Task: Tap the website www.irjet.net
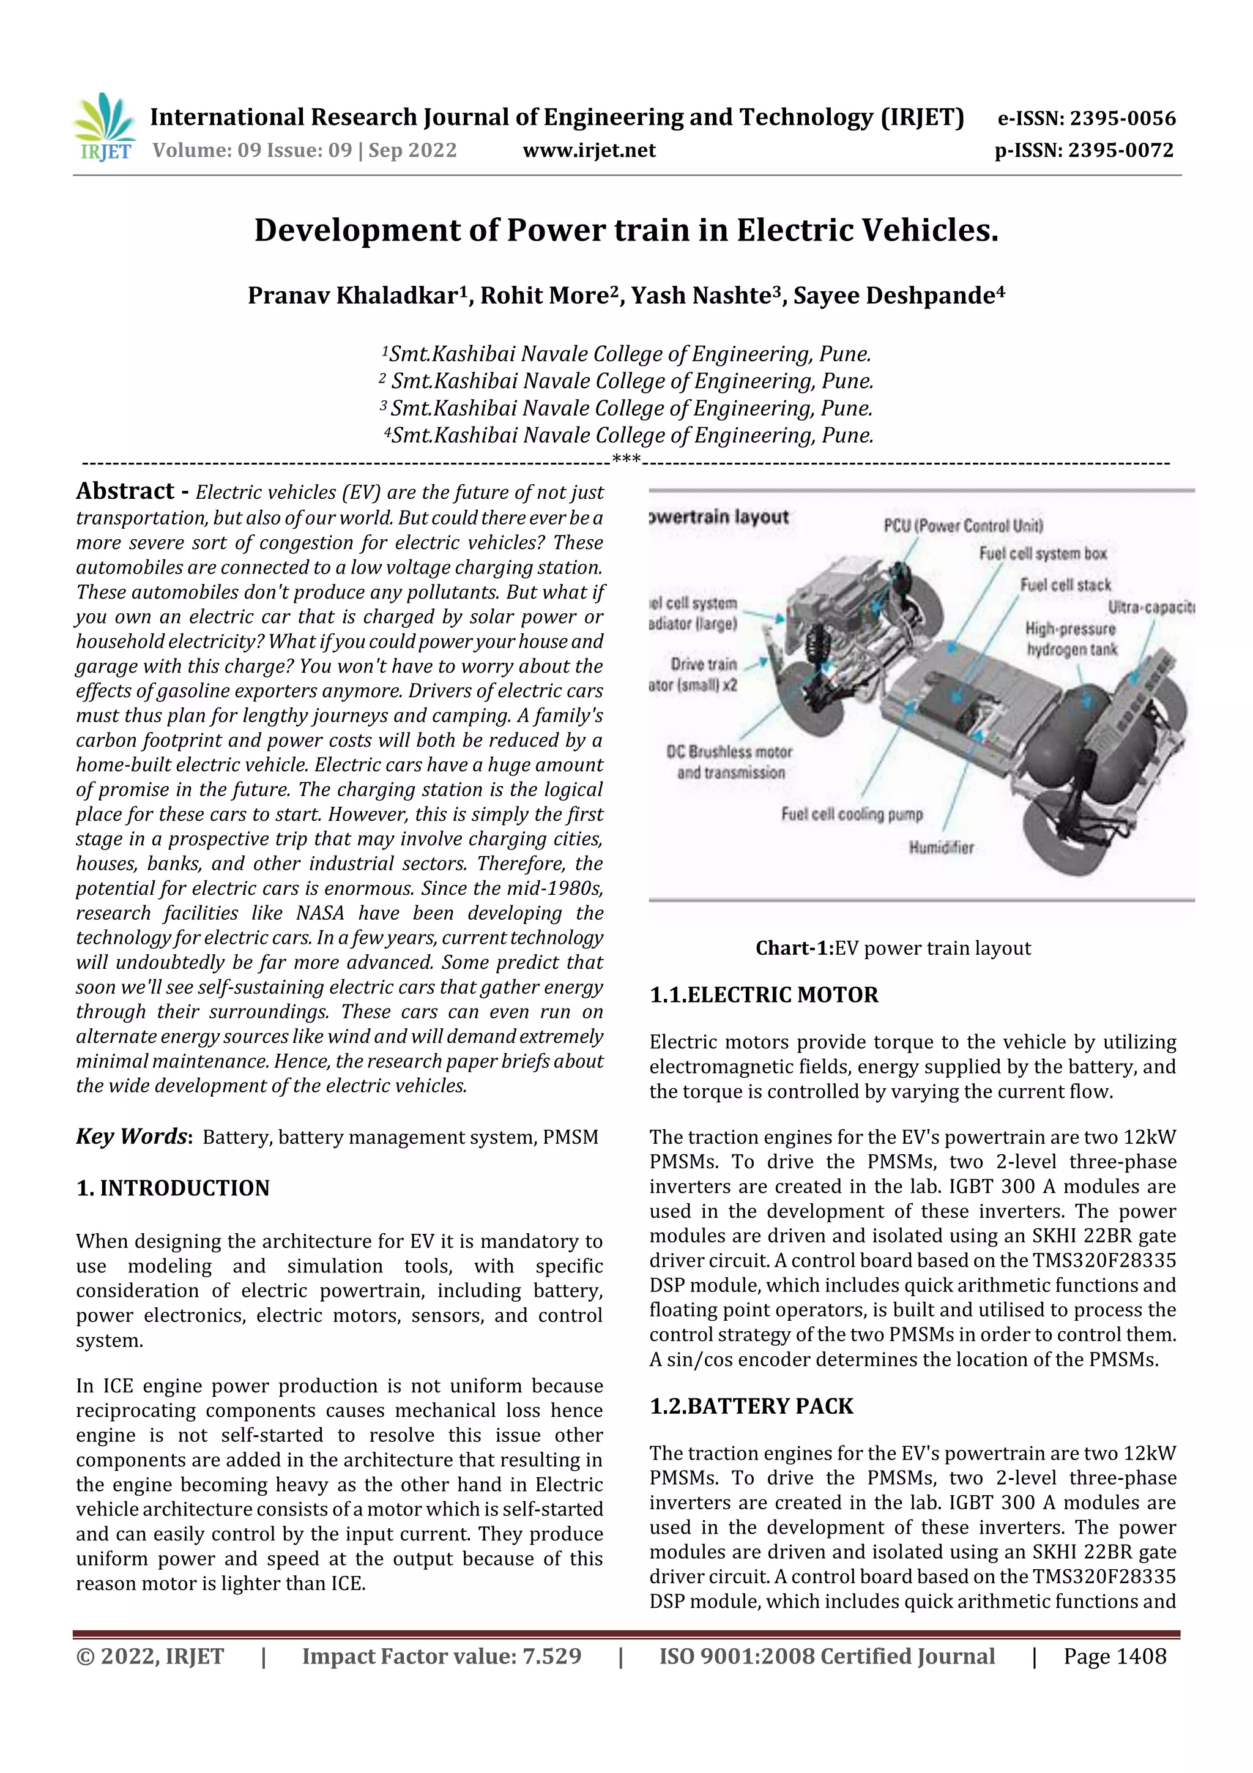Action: [x=589, y=150]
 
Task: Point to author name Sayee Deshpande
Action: [x=899, y=295]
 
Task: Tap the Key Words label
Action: [x=132, y=1136]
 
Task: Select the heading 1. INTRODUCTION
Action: [x=173, y=1188]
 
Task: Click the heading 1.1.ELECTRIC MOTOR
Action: [x=764, y=995]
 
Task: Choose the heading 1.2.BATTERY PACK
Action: [x=751, y=1406]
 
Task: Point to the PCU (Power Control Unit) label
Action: [x=963, y=526]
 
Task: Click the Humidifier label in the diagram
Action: [x=941, y=848]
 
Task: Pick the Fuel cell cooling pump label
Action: [x=852, y=814]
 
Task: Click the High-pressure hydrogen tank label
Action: [x=1071, y=638]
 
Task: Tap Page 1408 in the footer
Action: [x=1114, y=1655]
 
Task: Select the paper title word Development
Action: [x=376, y=230]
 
